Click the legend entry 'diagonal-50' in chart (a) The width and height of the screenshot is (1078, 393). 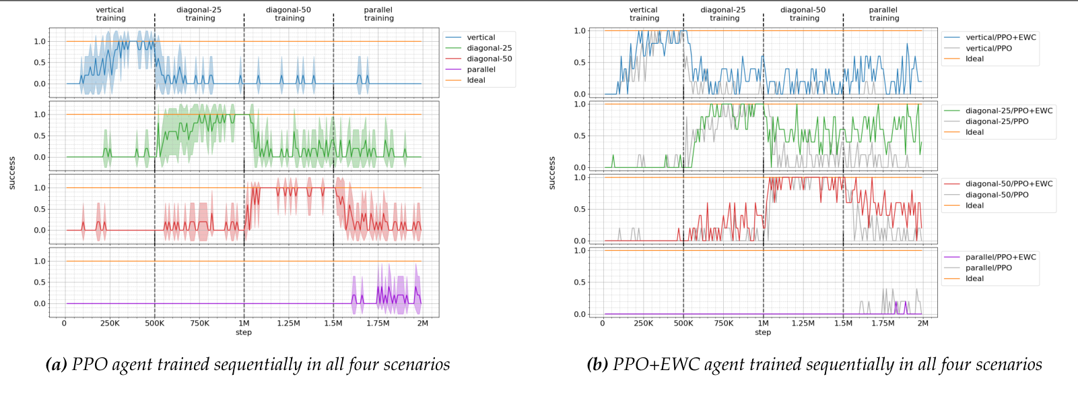pos(489,59)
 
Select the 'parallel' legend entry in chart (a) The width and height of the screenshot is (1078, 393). pos(481,69)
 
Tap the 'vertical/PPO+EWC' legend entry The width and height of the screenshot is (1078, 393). pos(1001,38)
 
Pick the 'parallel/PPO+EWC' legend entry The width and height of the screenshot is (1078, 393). pos(1001,257)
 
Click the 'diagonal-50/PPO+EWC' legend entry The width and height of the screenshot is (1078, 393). pos(1009,183)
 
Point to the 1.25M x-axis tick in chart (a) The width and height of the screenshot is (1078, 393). pos(288,324)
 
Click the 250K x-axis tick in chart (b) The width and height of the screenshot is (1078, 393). pos(643,324)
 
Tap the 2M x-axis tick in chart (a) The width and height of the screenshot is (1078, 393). pos(422,324)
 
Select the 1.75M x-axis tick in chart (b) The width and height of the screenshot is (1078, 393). pos(883,324)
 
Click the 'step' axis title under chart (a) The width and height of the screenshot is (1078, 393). pos(244,332)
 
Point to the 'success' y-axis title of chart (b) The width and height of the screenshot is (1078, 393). pos(552,173)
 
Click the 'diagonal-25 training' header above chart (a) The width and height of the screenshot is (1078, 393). pos(199,14)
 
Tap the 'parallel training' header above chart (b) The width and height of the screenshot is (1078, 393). pos(883,14)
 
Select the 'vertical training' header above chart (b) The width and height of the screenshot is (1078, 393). pos(644,14)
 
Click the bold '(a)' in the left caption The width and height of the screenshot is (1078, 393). pos(56,365)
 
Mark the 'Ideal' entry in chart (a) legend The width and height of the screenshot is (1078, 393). pos(476,80)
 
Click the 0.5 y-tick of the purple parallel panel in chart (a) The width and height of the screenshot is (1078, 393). pos(40,282)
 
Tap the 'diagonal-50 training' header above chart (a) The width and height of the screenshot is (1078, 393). pos(289,14)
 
